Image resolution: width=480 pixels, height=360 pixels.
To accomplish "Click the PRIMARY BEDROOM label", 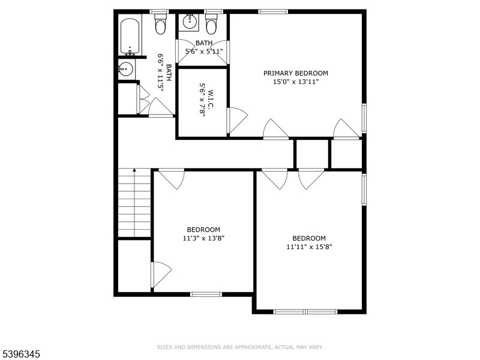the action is click(x=295, y=73).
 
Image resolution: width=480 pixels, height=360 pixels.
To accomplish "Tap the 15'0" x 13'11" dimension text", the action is click(x=296, y=82).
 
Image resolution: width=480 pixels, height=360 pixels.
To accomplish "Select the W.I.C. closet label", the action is click(x=211, y=99).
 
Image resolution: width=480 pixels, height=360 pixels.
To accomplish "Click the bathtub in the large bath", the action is click(x=130, y=37).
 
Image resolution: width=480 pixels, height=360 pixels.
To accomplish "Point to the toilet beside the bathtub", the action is click(x=160, y=24).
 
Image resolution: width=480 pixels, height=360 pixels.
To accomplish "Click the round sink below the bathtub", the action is click(x=125, y=69).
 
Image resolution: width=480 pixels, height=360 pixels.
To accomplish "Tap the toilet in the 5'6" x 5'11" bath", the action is click(x=211, y=24).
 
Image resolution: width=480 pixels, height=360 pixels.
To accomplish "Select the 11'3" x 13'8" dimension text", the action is click(x=203, y=238).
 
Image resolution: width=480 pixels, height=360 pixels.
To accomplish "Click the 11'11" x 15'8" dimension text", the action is click(x=309, y=247).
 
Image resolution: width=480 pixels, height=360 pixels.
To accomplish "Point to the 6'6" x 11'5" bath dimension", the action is click(x=160, y=71).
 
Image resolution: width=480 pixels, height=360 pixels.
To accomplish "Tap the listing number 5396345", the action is click(x=20, y=354).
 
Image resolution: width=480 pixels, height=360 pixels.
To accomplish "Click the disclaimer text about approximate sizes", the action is click(x=239, y=347).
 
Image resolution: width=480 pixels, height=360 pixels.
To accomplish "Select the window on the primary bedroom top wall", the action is click(x=273, y=11).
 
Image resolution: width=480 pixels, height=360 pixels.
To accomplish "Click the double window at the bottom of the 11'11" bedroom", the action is click(x=305, y=311).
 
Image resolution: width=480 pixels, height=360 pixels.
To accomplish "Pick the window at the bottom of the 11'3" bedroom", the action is click(x=206, y=295).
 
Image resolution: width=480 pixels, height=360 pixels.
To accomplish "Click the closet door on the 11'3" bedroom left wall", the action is click(x=161, y=275).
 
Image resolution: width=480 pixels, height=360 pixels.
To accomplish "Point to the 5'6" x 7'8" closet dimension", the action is click(x=202, y=100).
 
